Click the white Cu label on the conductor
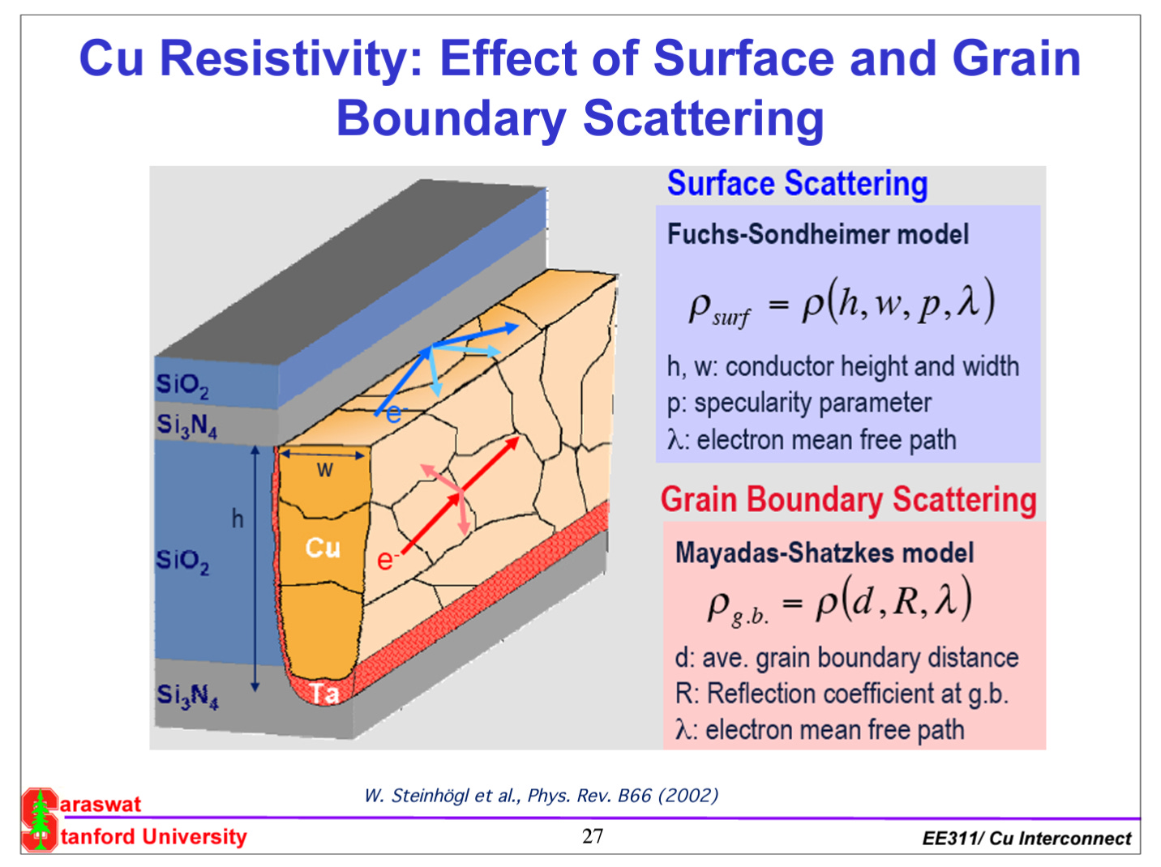[323, 549]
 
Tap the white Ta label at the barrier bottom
[324, 694]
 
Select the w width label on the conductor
[324, 469]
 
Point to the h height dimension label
[237, 519]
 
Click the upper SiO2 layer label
[182, 385]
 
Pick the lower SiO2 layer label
[182, 561]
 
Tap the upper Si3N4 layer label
[186, 425]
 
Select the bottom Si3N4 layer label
[187, 695]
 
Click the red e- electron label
[387, 559]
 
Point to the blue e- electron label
[393, 414]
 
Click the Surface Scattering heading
[797, 184]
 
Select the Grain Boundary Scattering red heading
[848, 499]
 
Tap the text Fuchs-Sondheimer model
[817, 235]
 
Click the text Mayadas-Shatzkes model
[824, 553]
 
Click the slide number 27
[593, 836]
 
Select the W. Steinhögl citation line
[541, 796]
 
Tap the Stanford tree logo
[39, 819]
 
